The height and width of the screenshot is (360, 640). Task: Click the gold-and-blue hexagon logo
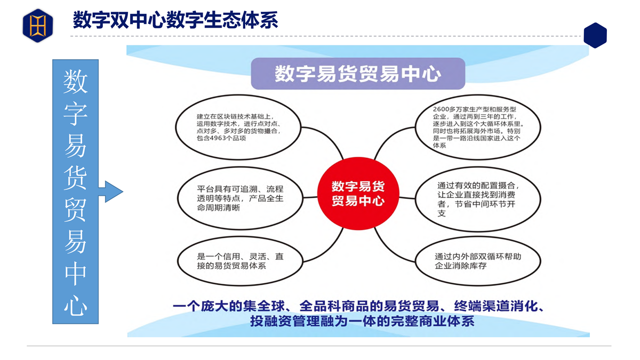(38, 26)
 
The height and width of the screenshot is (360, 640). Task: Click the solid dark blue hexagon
(595, 35)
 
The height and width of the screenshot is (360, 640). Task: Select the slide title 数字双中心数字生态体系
(175, 20)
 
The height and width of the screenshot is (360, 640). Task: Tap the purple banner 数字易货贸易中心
(358, 74)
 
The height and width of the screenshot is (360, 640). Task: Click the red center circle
(358, 194)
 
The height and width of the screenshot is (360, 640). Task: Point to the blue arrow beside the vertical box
(110, 191)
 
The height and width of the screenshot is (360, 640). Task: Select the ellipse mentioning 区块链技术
(238, 127)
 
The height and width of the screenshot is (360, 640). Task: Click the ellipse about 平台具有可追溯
(240, 198)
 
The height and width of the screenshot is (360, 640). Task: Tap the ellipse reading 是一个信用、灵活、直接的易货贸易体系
(240, 261)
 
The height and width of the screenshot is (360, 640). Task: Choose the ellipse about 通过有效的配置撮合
(478, 199)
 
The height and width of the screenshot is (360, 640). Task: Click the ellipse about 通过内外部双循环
(478, 261)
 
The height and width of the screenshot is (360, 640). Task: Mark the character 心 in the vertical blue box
(75, 305)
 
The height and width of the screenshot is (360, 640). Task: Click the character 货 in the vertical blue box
(75, 178)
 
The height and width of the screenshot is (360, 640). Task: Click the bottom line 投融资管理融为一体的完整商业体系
(362, 321)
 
